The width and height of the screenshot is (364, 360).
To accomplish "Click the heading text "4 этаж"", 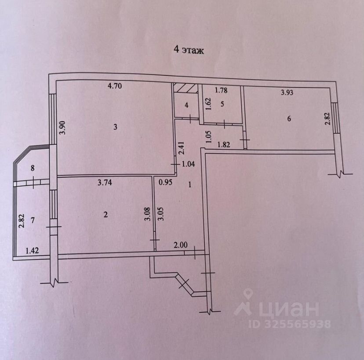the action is coord(189,50).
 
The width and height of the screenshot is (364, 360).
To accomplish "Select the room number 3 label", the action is coord(115,127).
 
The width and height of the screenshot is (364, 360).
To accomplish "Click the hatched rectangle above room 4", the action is coord(185,88).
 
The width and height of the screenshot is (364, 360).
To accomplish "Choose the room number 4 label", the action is coord(186,105).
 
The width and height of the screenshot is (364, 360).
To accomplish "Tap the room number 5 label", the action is coord(222,104).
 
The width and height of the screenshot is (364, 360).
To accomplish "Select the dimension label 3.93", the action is coord(288,93).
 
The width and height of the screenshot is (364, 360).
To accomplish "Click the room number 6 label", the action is coord(289,119).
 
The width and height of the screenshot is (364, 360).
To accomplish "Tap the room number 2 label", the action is coord(105,215).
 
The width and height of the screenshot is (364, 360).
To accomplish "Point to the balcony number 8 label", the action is coord(33,167).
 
